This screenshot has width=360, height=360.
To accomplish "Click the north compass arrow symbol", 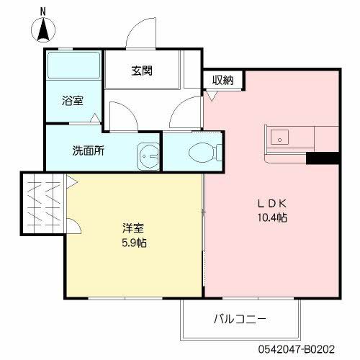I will click(42, 31).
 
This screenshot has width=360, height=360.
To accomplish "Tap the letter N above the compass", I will click(42, 12).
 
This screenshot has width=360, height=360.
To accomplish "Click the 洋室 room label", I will click(132, 228).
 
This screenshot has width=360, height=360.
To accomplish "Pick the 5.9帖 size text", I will click(132, 243).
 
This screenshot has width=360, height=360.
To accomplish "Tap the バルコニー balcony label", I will click(240, 318).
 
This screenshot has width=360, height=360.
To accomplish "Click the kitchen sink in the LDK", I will click(279, 137).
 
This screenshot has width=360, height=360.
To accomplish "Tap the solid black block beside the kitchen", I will click(321, 158).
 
